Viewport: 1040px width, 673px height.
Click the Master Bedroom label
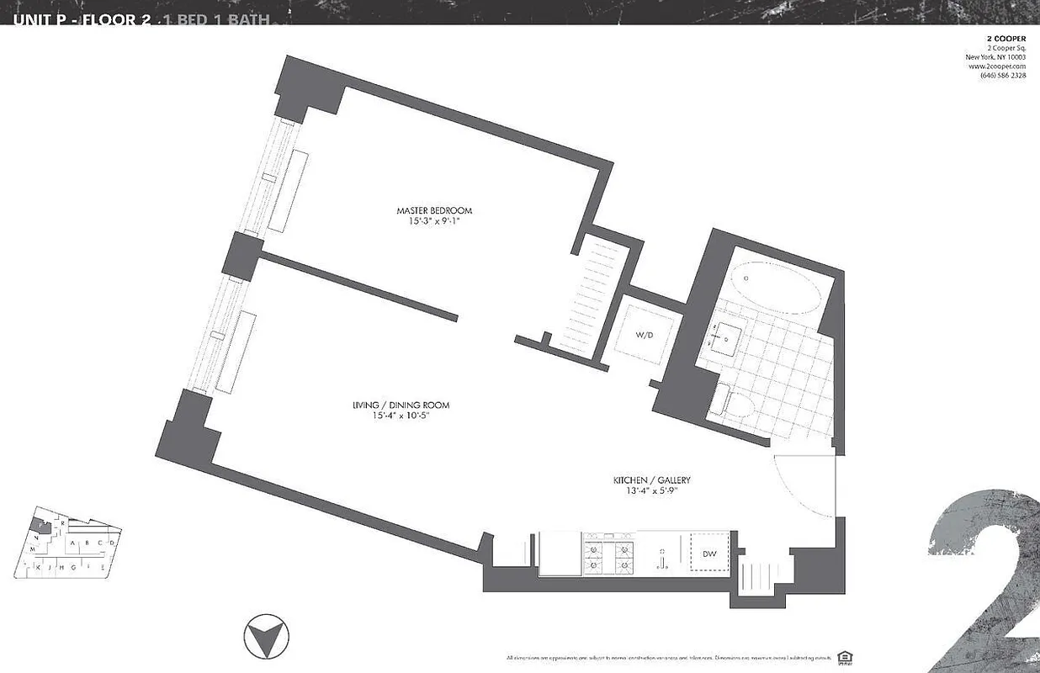pos(434,210)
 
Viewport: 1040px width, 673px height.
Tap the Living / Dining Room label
pos(401,405)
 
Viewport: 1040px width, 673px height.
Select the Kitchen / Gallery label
pos(652,481)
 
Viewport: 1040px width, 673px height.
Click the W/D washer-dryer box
pos(645,335)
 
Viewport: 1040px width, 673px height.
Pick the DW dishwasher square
pos(709,553)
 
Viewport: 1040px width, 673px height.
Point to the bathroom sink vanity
pos(722,340)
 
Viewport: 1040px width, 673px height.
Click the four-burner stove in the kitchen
pos(608,554)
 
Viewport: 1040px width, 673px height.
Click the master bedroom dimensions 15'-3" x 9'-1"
pos(434,222)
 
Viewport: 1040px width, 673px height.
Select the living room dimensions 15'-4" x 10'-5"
pos(401,416)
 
